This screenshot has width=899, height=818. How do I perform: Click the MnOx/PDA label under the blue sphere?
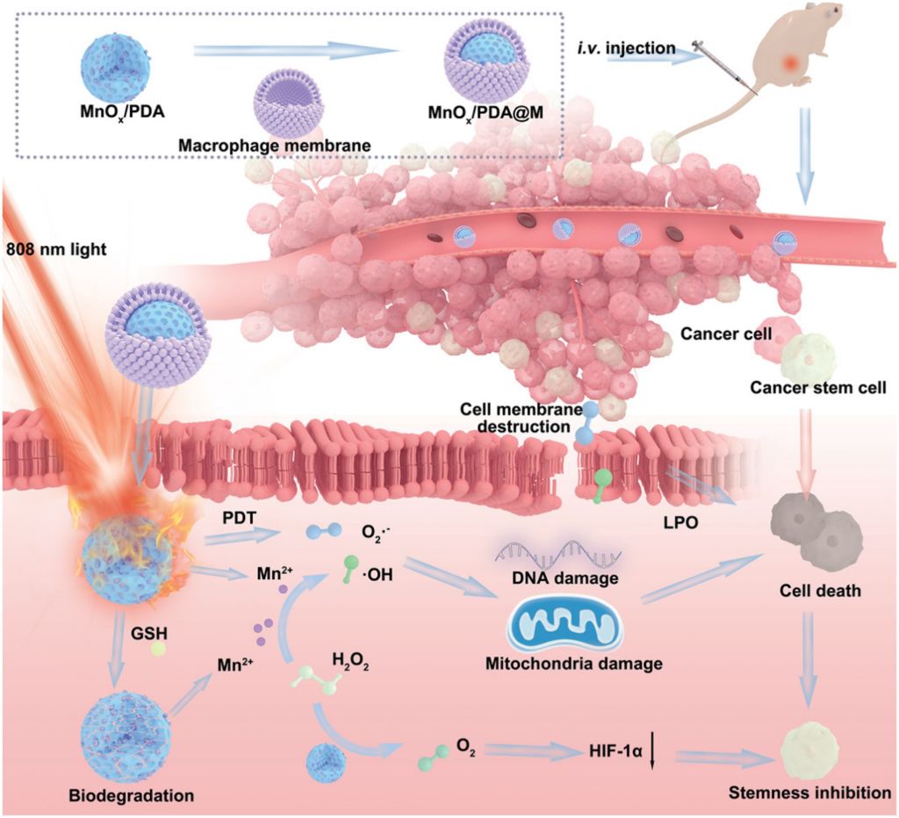122,111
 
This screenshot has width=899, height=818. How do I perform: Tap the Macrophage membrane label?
274,145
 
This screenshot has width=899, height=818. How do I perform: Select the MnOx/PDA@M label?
485,113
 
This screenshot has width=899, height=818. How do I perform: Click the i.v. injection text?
626,47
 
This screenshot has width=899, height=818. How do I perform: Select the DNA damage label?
564,578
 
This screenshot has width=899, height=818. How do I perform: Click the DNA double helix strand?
557,551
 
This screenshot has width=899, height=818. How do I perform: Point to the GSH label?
149,634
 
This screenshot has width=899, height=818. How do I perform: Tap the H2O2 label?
350,662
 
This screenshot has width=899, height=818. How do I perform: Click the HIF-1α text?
615,750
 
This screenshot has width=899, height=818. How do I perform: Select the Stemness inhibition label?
809,793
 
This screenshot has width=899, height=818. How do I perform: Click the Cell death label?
820,591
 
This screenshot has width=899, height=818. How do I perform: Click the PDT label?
239,518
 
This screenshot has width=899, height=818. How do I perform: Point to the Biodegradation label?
132,796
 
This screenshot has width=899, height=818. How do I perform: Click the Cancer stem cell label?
818,388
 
